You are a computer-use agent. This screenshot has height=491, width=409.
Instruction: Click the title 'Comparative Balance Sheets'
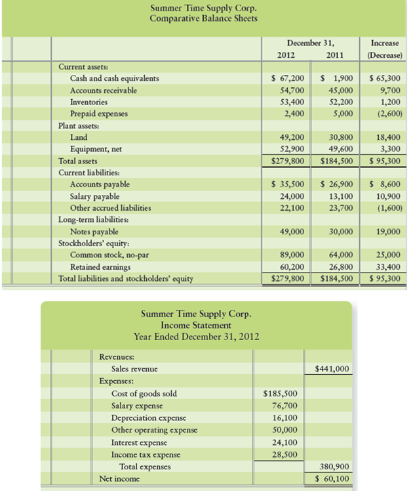(x=203, y=18)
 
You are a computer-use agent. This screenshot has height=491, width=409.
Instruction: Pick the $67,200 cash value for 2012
(x=287, y=79)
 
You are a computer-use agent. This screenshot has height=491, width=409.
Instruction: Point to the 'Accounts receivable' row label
(x=104, y=91)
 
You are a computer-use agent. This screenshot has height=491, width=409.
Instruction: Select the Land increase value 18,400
(x=386, y=137)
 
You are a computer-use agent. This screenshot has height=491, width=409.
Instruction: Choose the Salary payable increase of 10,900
(x=386, y=196)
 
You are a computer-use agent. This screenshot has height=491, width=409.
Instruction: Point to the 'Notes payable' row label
(x=94, y=232)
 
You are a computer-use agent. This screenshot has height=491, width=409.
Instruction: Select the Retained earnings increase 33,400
(x=386, y=267)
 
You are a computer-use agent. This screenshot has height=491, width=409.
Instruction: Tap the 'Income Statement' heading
(x=196, y=325)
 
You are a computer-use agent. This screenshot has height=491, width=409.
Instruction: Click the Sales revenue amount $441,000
(x=332, y=369)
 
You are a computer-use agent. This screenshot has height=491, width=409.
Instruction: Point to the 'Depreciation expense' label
(x=149, y=417)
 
